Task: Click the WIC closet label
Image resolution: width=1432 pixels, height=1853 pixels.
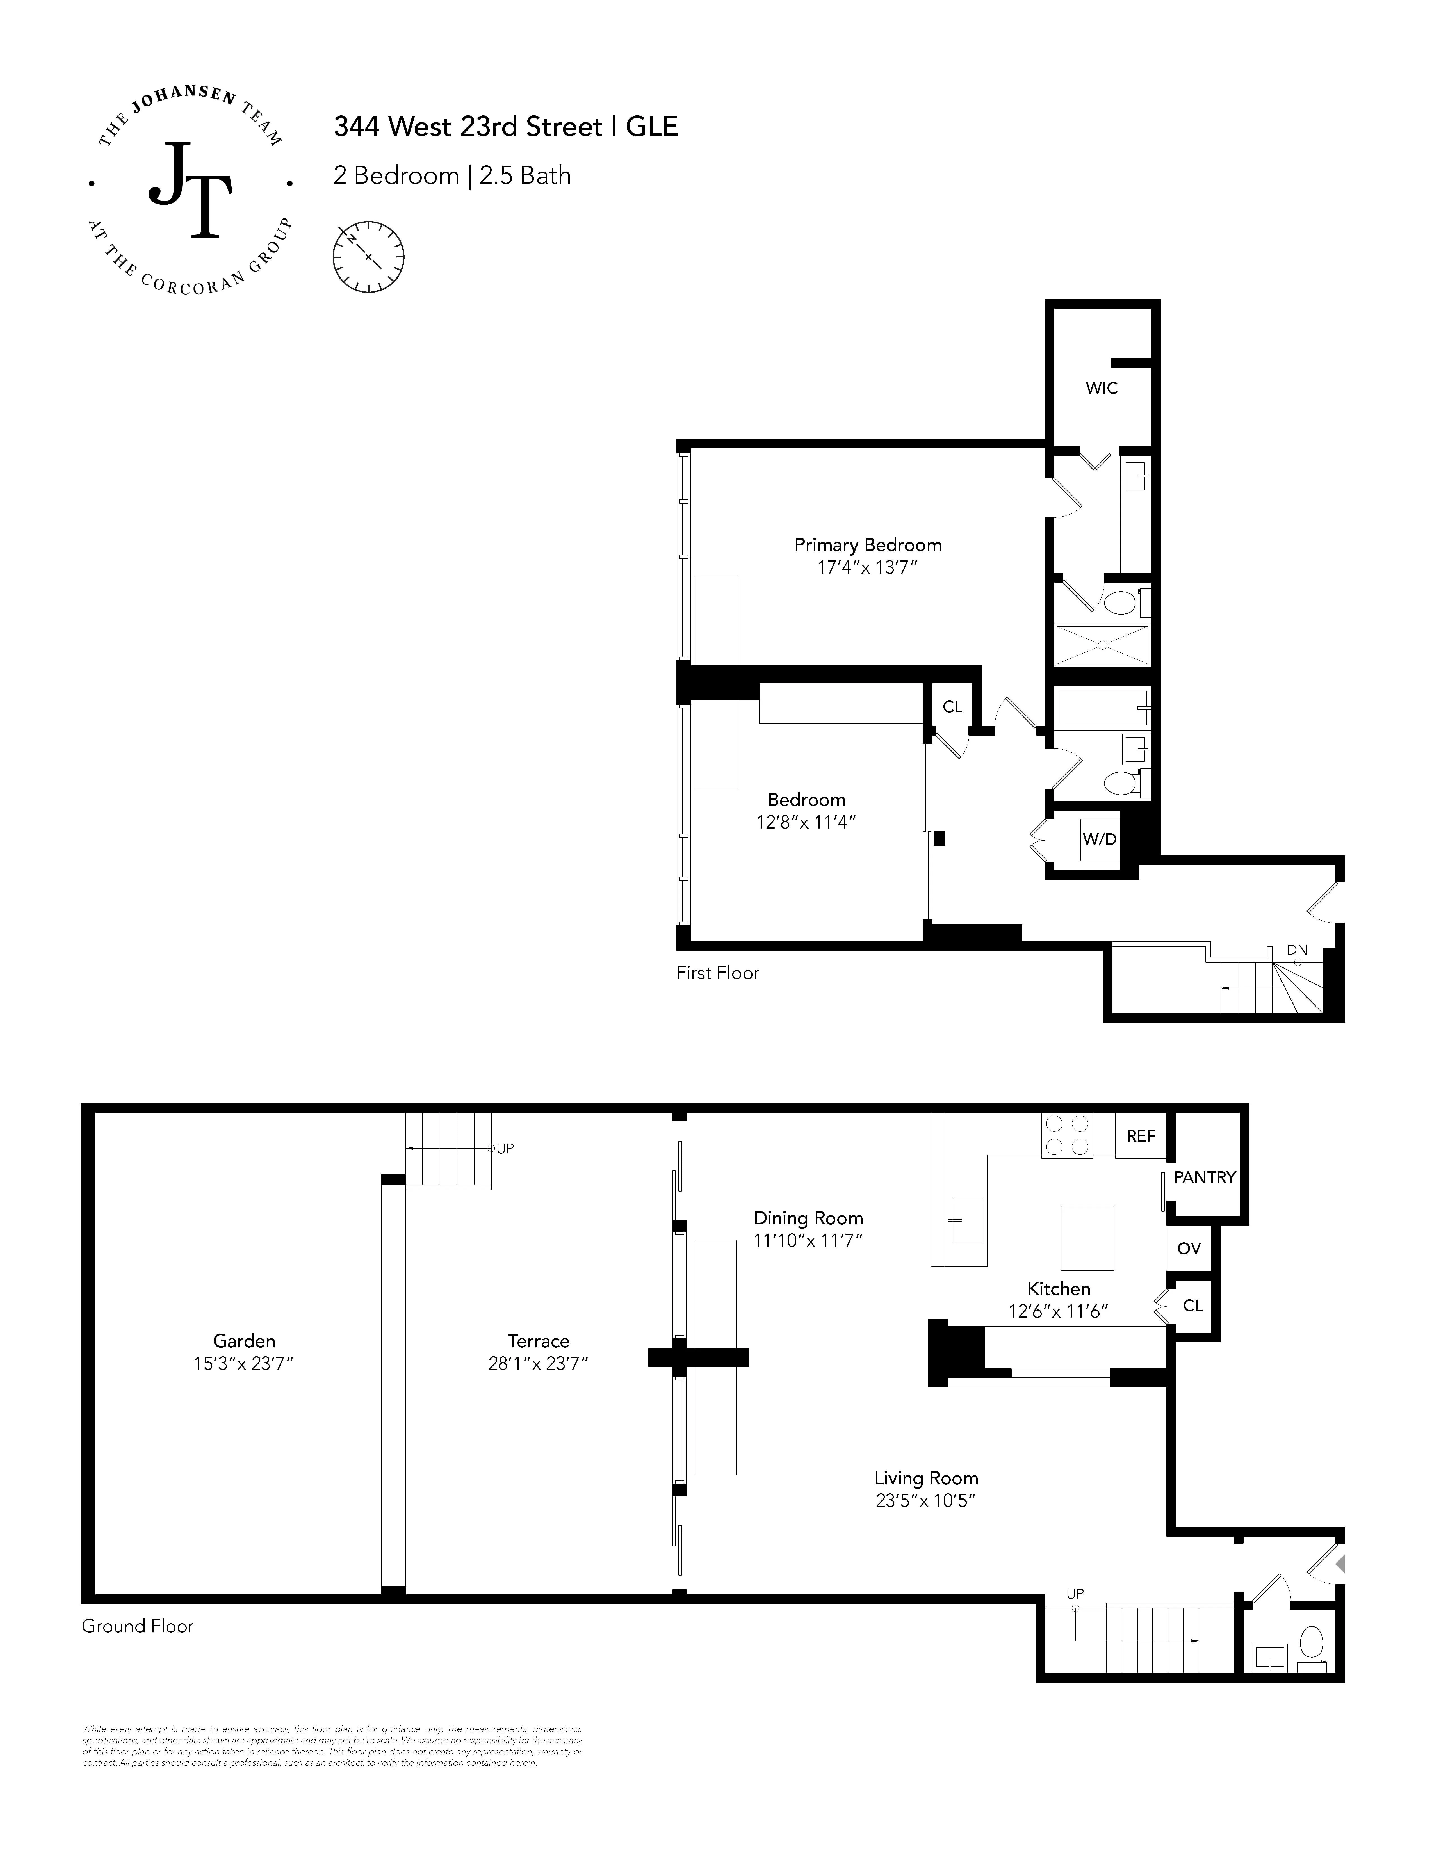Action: pos(1101,388)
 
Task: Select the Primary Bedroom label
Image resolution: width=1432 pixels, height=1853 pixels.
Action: pos(867,545)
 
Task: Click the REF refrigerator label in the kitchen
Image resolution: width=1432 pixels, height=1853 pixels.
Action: pos(1140,1136)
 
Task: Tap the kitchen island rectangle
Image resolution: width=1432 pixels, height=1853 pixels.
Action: pos(1087,1238)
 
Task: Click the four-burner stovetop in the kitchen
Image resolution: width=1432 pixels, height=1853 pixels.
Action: pos(1066,1135)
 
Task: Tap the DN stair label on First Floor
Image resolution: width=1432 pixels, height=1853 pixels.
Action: pos(1296,950)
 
